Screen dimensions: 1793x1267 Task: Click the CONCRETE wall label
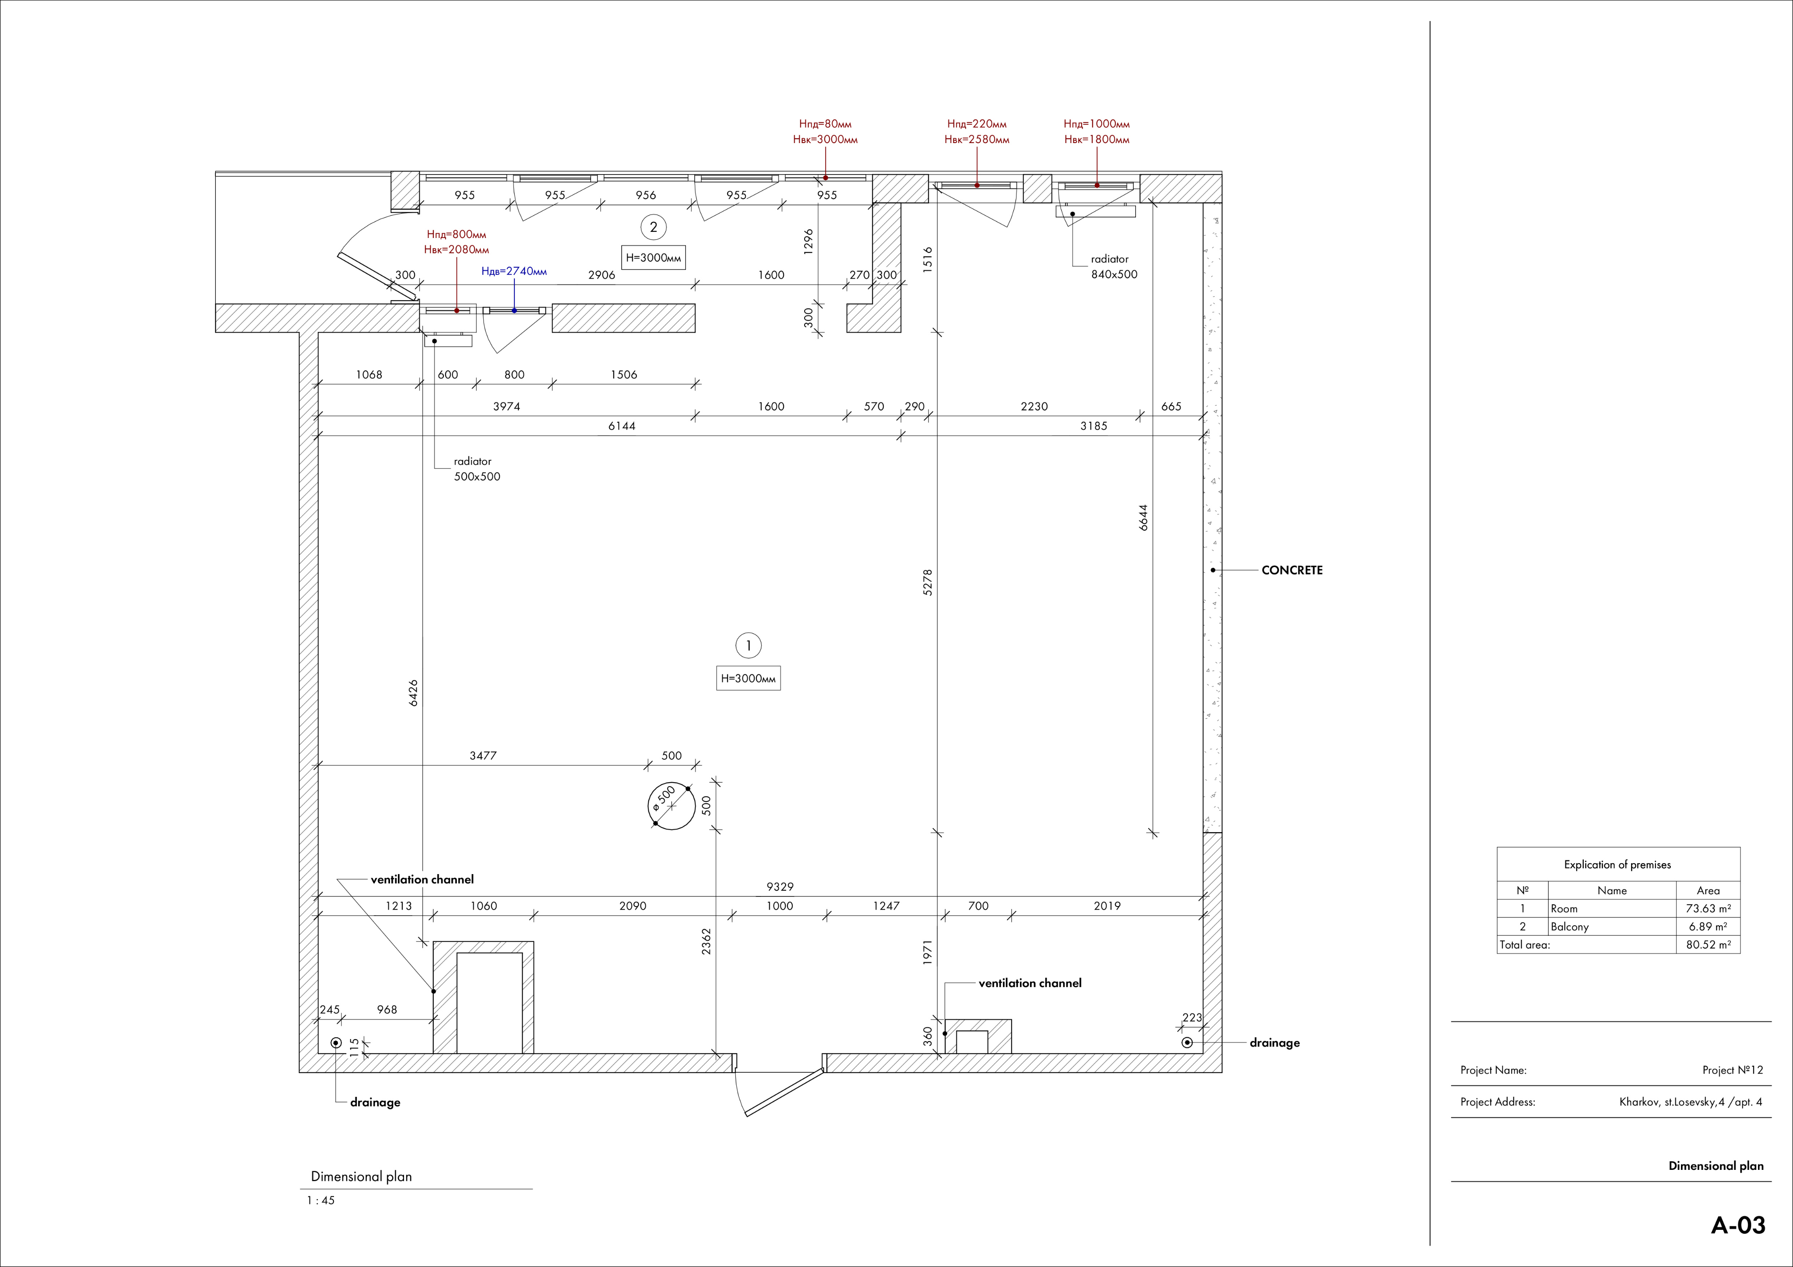click(x=1292, y=570)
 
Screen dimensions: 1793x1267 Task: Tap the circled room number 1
click(x=748, y=646)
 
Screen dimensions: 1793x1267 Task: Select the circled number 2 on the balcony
click(x=654, y=227)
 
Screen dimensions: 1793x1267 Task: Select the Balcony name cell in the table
click(x=1570, y=927)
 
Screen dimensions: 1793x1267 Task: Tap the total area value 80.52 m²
click(x=1708, y=945)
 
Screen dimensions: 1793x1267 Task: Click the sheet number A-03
click(x=1738, y=1225)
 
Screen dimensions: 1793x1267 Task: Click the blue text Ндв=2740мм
click(x=514, y=272)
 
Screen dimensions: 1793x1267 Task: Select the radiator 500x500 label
click(x=477, y=469)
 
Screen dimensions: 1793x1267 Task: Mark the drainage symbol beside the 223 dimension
click(x=1187, y=1042)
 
